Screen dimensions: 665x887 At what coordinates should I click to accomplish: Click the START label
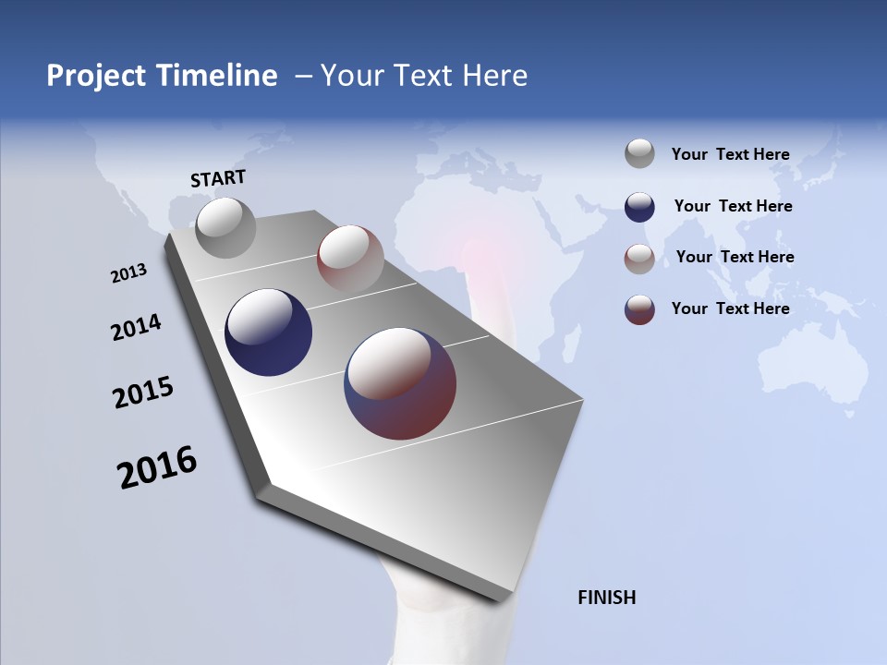click(218, 178)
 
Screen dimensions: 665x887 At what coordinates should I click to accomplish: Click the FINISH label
click(606, 598)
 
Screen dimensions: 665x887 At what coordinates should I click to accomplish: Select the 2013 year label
click(128, 273)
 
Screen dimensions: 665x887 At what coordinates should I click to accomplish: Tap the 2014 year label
click(136, 328)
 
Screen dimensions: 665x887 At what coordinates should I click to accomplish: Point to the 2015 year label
click(143, 393)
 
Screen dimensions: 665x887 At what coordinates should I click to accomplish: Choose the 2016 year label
click(157, 466)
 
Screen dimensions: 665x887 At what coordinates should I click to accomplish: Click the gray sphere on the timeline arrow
click(225, 227)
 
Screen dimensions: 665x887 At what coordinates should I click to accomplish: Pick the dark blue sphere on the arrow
click(268, 332)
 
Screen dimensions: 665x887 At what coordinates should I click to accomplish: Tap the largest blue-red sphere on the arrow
click(400, 383)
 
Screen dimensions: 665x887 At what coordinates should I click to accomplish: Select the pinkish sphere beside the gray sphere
click(350, 259)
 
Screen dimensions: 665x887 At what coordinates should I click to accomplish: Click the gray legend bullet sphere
click(639, 153)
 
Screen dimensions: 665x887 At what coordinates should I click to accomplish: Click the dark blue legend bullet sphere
click(639, 206)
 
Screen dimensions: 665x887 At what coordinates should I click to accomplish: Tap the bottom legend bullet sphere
click(639, 309)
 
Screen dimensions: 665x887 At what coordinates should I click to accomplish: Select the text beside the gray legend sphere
click(730, 154)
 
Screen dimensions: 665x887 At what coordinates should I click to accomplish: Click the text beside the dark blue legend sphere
click(733, 206)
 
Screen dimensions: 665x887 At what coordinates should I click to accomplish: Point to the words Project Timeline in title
click(162, 76)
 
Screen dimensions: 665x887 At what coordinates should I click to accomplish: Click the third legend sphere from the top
click(639, 259)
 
